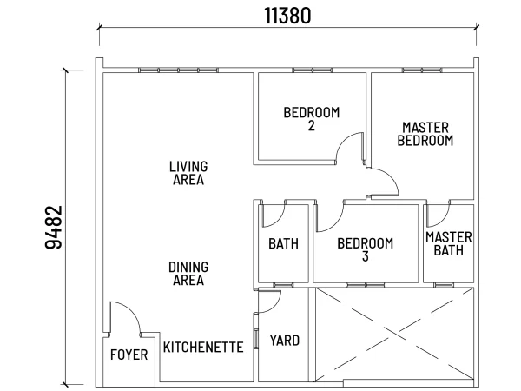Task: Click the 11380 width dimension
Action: tap(287, 16)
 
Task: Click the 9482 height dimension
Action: tap(54, 227)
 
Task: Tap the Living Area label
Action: tap(188, 173)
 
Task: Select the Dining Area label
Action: tap(188, 274)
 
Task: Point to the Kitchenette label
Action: tap(203, 347)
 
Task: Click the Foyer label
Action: tap(129, 355)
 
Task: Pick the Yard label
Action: tap(285, 341)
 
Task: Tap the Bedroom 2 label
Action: tap(312, 119)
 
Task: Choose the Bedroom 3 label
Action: tap(366, 249)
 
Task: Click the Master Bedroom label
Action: tap(425, 134)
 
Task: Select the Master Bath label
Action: tap(449, 243)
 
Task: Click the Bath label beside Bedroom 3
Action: tap(283, 243)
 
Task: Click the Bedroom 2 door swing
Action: tap(350, 148)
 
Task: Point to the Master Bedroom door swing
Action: tap(384, 182)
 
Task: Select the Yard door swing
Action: tap(269, 302)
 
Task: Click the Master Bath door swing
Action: tap(439, 214)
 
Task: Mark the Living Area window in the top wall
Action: tap(178, 70)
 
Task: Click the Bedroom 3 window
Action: tap(366, 285)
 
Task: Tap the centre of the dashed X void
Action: tap(394, 335)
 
